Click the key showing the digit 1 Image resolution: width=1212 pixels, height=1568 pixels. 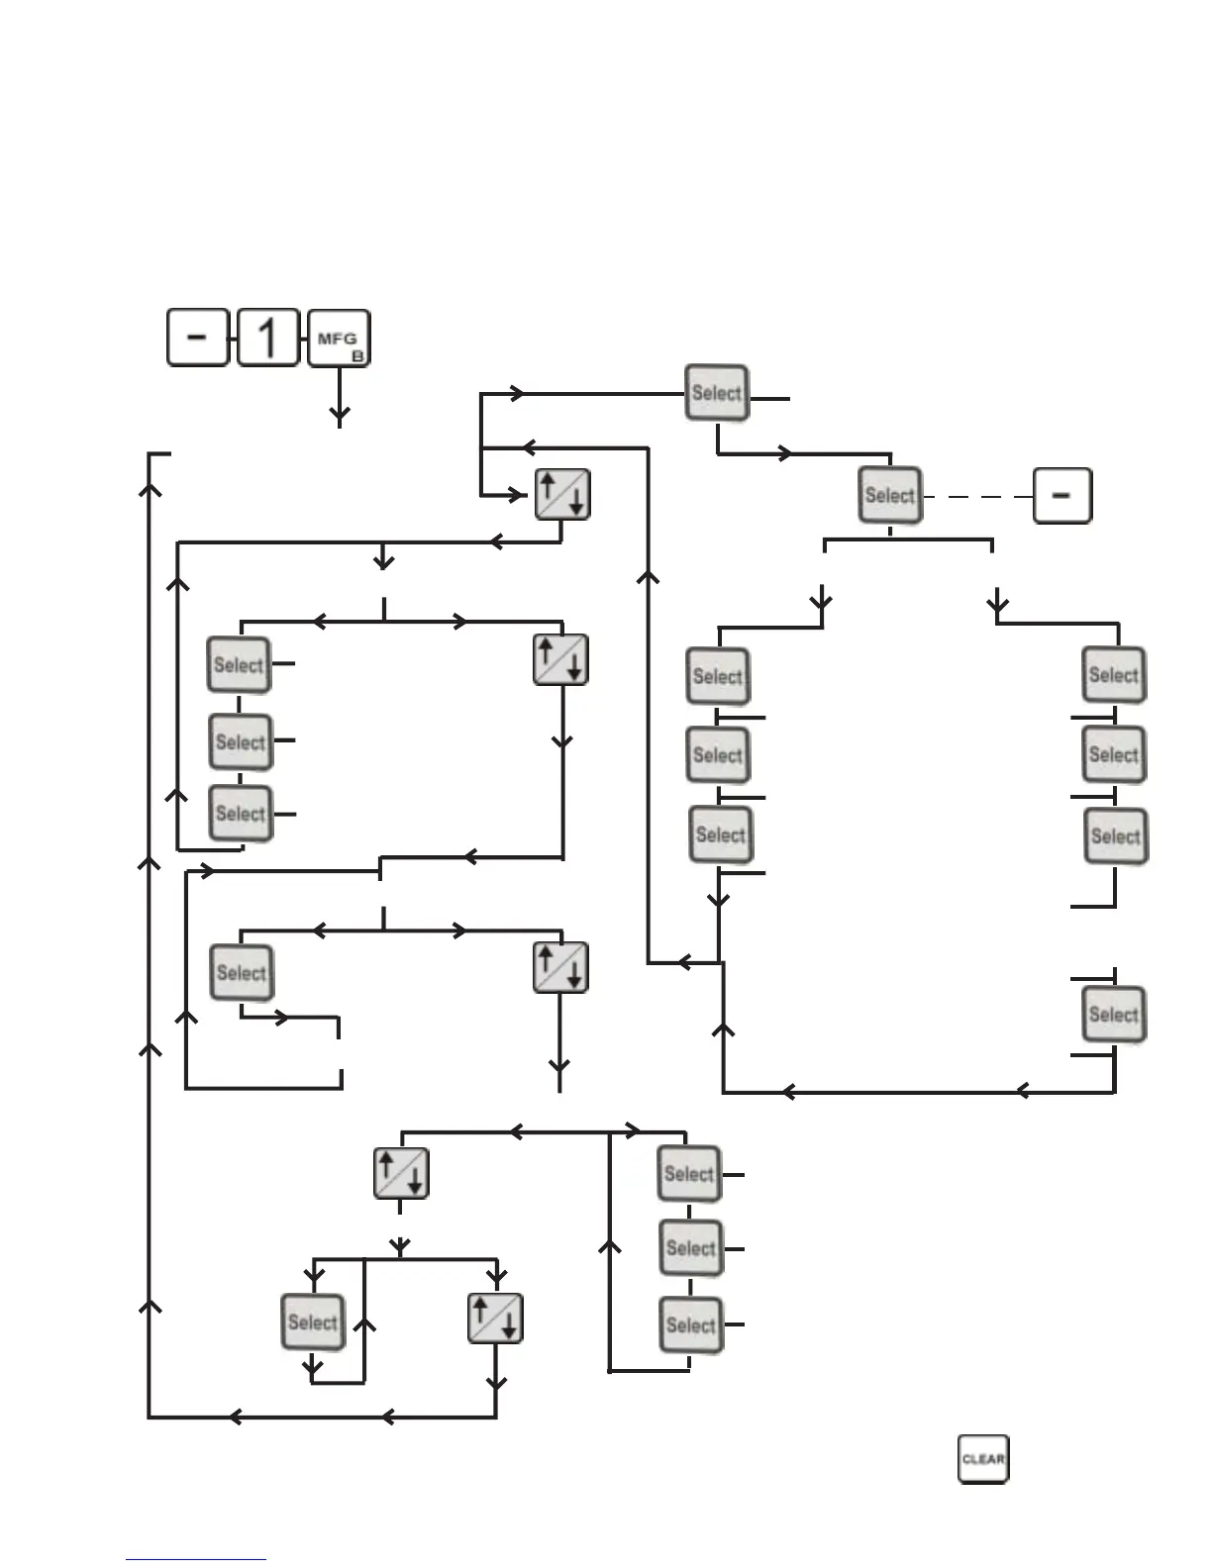(x=268, y=338)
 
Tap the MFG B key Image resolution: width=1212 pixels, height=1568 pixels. (x=339, y=339)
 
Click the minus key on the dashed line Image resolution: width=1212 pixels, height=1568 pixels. (x=1062, y=495)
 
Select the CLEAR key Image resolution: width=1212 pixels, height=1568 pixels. (x=983, y=1459)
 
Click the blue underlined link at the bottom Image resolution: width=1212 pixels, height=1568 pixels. (x=196, y=1559)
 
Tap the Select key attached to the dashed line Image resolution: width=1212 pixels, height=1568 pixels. (x=889, y=495)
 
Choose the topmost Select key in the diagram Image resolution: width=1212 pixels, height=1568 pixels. (x=717, y=393)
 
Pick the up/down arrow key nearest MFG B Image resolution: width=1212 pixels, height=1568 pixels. (x=562, y=495)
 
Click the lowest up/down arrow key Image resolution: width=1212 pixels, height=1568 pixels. (x=495, y=1319)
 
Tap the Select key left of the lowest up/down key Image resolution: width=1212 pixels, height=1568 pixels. (x=313, y=1323)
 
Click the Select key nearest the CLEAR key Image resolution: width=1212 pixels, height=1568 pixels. (x=691, y=1325)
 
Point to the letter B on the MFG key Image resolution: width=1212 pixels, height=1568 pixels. (x=357, y=355)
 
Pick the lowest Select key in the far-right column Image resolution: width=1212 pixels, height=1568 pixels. (x=1114, y=1015)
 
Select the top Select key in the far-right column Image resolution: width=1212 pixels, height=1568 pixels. (x=1114, y=675)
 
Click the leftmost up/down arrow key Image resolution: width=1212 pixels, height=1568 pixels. (x=401, y=1174)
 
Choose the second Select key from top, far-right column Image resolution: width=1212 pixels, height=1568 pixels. (x=1114, y=755)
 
